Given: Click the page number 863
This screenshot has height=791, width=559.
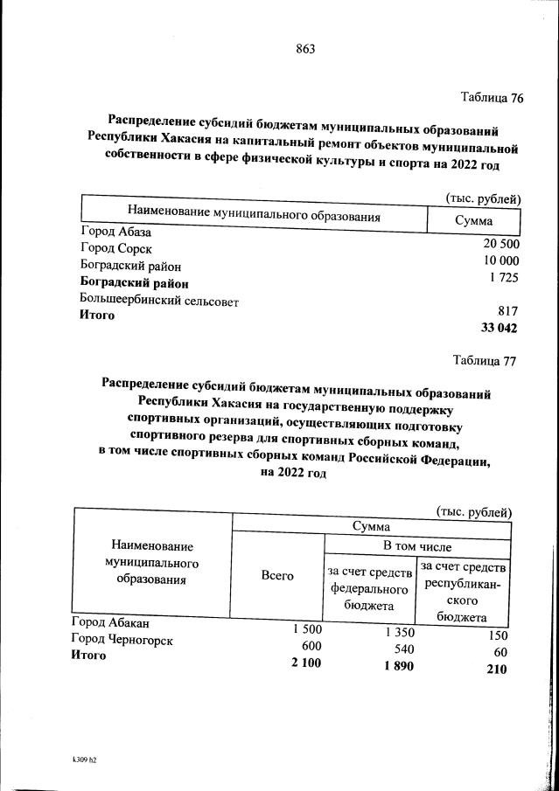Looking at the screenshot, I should [x=304, y=49].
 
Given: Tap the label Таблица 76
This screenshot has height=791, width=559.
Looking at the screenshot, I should [x=491, y=98].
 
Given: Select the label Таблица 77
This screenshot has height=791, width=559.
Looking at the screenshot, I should [x=485, y=359].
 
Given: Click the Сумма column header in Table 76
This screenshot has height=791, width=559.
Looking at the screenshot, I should [x=473, y=221].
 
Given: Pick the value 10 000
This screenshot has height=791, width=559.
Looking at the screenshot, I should [x=501, y=260].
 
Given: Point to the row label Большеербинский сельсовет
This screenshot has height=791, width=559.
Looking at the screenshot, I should [x=159, y=301].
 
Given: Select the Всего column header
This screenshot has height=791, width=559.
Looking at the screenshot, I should [x=276, y=575].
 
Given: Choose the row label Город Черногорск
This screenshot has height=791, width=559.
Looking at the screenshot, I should [x=122, y=640].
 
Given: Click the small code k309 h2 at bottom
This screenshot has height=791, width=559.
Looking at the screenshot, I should [x=84, y=760].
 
